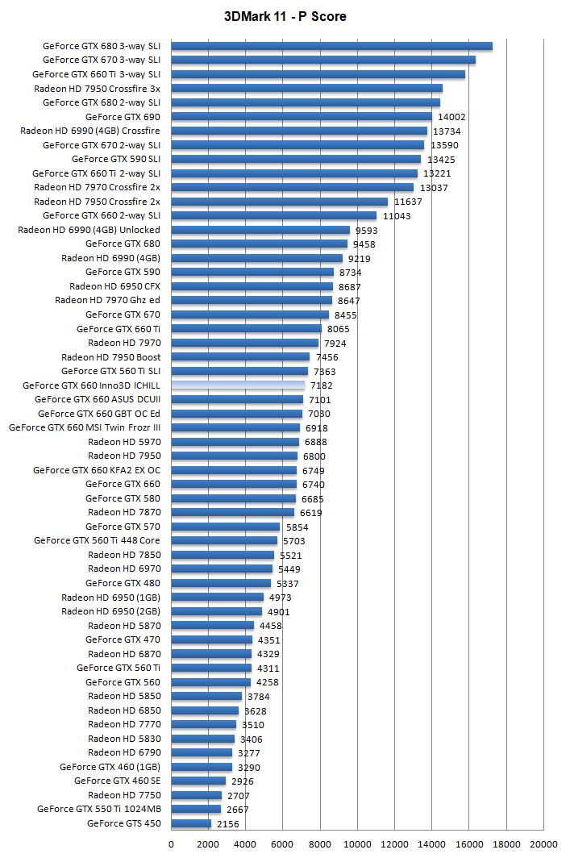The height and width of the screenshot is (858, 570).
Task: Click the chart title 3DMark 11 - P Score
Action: point(285,16)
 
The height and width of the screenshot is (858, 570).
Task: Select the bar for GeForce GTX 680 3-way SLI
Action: point(331,46)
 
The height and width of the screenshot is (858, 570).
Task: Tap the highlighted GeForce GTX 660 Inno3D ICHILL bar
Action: point(238,385)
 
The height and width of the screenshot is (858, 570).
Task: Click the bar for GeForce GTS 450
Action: point(191,823)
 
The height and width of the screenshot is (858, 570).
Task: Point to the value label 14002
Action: point(451,117)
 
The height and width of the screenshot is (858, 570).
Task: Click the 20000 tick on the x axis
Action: point(543,843)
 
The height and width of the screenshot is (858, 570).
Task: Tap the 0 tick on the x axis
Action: point(171,843)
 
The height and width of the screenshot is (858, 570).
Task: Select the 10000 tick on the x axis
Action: point(357,843)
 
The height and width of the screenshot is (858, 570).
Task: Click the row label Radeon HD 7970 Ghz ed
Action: point(107,300)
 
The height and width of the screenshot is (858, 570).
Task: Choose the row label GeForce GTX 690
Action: point(123,117)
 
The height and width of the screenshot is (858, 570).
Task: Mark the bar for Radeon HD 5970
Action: point(235,442)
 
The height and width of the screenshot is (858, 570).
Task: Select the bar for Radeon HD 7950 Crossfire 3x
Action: point(306,89)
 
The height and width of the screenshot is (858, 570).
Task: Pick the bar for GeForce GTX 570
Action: point(225,527)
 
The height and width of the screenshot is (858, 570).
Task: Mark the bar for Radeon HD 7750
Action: point(196,795)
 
